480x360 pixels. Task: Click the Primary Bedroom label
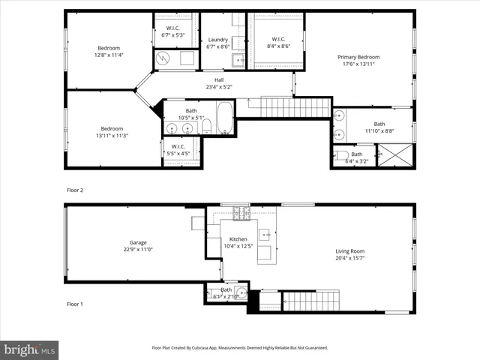(358, 57)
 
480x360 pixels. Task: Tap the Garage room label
(137, 242)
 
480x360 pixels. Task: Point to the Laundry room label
(217, 40)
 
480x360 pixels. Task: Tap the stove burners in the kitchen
(241, 213)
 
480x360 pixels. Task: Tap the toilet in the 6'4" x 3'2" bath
(342, 156)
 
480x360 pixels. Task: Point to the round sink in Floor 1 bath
(240, 292)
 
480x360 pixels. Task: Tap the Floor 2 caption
(76, 190)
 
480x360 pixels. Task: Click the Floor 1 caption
(76, 304)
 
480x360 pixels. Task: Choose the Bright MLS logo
(30, 349)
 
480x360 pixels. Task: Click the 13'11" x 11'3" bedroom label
(112, 131)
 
